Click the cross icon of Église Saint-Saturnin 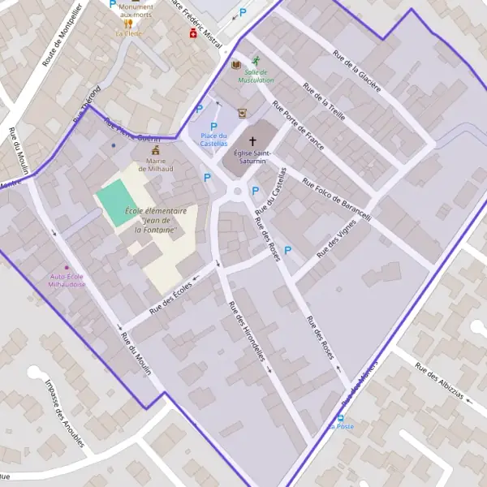tap(252, 140)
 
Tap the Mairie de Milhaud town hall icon tap(156, 150)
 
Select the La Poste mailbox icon tap(341, 416)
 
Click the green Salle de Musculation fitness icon tap(256, 61)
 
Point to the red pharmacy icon tap(193, 33)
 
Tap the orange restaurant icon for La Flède tap(128, 24)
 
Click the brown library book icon tap(236, 65)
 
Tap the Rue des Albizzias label tap(439, 381)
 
